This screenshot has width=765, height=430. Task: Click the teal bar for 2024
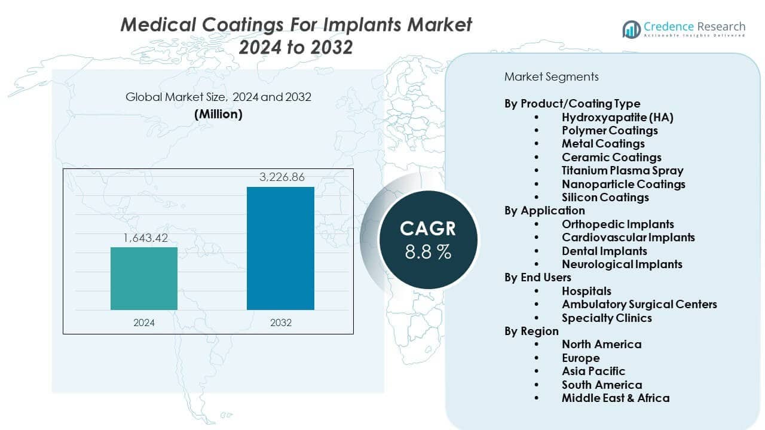tap(144, 278)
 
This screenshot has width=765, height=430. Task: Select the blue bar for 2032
tap(280, 248)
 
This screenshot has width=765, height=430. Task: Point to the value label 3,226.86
tap(280, 177)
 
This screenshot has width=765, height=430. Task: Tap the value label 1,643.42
tap(144, 238)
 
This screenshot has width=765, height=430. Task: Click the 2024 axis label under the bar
tap(144, 322)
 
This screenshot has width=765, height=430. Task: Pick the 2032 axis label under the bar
tap(280, 322)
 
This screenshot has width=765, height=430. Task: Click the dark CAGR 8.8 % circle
tap(428, 239)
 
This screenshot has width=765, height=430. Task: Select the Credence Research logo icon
tap(631, 29)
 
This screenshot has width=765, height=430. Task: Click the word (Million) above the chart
tap(218, 114)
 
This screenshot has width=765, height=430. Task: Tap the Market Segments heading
tap(551, 76)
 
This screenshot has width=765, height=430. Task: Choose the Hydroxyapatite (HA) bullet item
tap(617, 117)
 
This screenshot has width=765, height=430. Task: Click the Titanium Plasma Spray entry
tap(622, 171)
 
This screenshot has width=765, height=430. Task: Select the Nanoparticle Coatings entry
tap(623, 184)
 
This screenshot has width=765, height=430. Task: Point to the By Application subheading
tap(544, 210)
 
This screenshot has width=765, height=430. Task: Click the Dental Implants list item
tap(604, 251)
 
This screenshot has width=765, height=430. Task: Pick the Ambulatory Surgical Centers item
tap(639, 304)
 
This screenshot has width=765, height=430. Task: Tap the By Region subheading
tap(531, 331)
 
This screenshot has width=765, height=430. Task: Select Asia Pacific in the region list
tap(593, 371)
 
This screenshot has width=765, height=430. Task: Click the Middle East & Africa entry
tap(616, 398)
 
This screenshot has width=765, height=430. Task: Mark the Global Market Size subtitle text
tap(218, 97)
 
